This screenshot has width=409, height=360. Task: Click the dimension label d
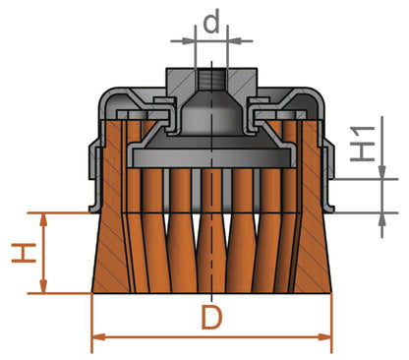click(x=209, y=21)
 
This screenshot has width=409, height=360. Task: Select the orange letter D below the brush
click(x=211, y=319)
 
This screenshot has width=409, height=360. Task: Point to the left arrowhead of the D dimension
click(x=95, y=339)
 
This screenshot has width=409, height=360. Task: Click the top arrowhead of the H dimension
click(x=40, y=216)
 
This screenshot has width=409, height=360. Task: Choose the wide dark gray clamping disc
click(x=208, y=151)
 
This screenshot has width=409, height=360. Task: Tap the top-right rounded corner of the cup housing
click(x=317, y=94)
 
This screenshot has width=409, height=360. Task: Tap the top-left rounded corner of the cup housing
click(x=101, y=94)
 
